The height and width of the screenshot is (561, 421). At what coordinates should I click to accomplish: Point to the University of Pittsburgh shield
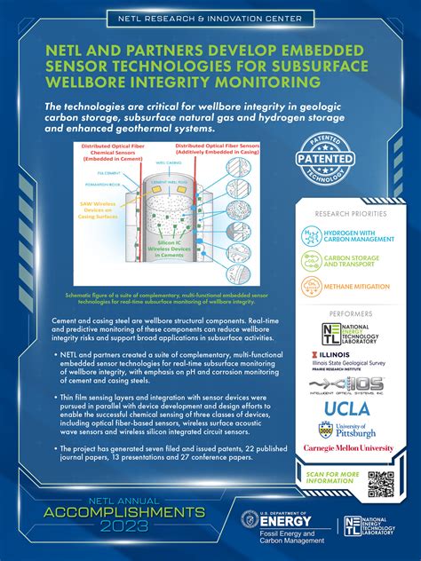tap(326, 430)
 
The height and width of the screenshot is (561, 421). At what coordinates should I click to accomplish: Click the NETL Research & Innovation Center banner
tap(210, 18)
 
